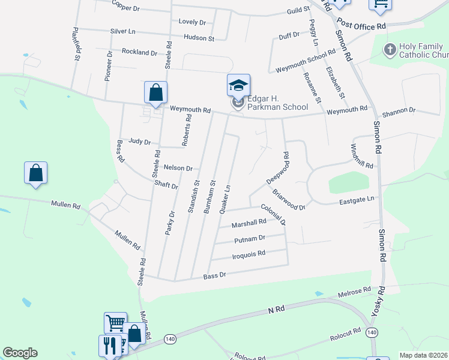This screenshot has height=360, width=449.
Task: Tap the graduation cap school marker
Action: pyautogui.click(x=238, y=85)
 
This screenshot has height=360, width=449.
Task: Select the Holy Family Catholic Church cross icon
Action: pyautogui.click(x=390, y=49)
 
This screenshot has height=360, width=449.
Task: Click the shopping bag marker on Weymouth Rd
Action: pyautogui.click(x=155, y=93)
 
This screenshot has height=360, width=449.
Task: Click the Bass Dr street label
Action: pyautogui.click(x=214, y=275)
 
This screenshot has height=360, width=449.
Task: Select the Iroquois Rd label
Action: pyautogui.click(x=249, y=254)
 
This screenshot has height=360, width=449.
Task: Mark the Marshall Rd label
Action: pyautogui.click(x=249, y=223)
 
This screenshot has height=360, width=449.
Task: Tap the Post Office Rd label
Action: pyautogui.click(x=361, y=25)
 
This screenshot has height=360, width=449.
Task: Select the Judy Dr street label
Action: pyautogui.click(x=139, y=142)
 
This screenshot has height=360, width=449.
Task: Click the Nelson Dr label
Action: pyautogui.click(x=178, y=169)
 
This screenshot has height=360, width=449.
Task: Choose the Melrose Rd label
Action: pyautogui.click(x=355, y=292)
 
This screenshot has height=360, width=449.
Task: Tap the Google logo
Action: pyautogui.click(x=20, y=353)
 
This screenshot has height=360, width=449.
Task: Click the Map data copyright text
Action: pyautogui.click(x=423, y=355)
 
